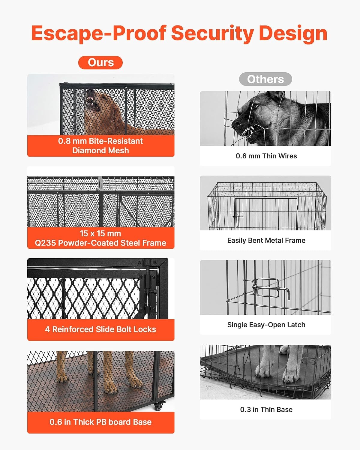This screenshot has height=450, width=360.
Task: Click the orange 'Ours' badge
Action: pos(100,62)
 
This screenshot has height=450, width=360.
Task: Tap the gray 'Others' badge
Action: pos(265,79)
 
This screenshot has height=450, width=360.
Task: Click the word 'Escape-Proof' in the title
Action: pos(99,34)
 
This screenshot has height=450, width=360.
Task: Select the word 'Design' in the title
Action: pos(293,34)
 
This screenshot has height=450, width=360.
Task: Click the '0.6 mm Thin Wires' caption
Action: pos(266,156)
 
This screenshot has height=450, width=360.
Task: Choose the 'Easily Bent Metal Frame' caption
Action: pos(266,240)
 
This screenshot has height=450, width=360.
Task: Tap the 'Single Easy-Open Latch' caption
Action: pos(266,325)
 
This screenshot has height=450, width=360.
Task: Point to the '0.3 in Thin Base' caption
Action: pos(266,409)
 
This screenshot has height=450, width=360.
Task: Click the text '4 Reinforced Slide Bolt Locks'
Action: pos(100,329)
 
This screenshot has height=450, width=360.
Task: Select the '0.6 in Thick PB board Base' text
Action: pos(100,422)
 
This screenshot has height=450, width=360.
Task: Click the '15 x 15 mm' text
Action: pos(100,233)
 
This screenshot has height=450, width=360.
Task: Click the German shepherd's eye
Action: pos(256,106)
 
